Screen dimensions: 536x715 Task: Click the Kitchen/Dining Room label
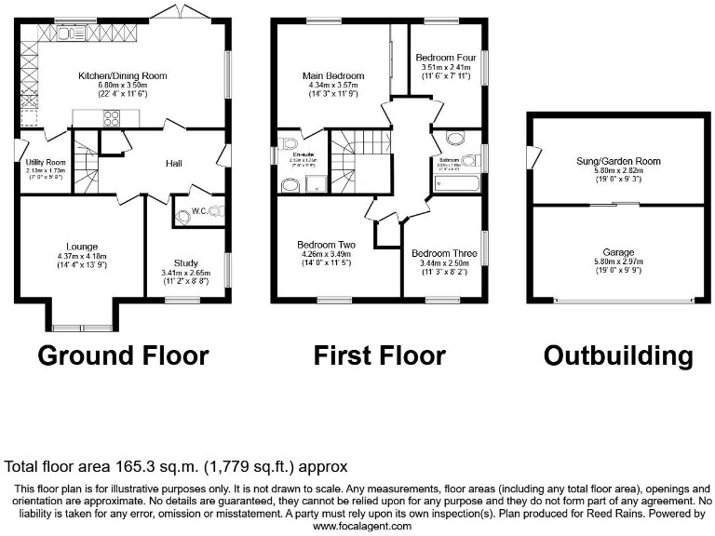(122, 74)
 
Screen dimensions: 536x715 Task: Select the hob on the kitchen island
(114, 116)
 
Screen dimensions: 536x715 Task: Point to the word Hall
(173, 164)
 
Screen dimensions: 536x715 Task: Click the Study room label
(186, 263)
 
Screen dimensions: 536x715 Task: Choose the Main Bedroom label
(331, 74)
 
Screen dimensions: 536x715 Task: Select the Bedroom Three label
(445, 253)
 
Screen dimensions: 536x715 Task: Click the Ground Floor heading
(123, 355)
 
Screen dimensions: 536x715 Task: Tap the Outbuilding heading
(618, 355)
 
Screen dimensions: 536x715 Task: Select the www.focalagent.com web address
(362, 526)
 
